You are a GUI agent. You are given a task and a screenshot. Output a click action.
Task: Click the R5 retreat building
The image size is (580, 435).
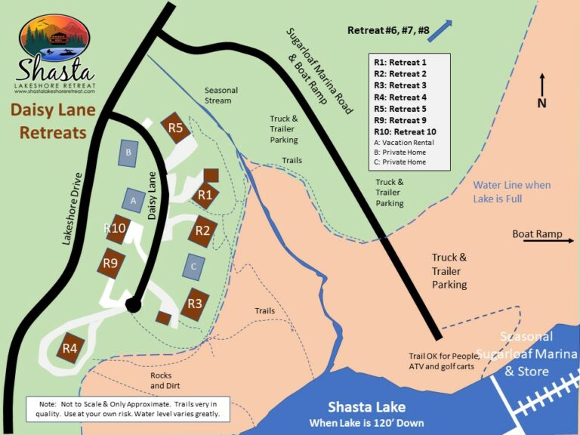coord(176,127)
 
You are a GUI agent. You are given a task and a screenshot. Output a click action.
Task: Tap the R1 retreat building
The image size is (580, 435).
coord(204,195)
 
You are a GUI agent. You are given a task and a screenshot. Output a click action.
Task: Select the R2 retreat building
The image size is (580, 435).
coord(203,230)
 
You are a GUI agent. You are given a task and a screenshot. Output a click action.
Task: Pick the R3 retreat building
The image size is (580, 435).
coord(195,304)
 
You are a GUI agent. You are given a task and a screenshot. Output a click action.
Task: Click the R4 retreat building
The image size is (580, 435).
coord(70,347)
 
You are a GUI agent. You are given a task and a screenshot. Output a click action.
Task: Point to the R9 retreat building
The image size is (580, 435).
coord(110,264)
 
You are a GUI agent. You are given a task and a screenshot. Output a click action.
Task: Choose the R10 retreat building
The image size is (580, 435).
coord(116,229)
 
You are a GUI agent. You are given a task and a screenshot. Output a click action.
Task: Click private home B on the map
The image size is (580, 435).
coord(129,153)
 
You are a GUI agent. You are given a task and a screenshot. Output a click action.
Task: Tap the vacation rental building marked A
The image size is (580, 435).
coord(134,201)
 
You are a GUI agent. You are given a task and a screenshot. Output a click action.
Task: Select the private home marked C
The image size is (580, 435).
coord(193,267)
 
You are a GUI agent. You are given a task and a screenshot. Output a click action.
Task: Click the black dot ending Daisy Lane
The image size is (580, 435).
coord(134,304)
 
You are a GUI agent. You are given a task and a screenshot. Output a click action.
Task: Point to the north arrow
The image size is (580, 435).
coord(542,85)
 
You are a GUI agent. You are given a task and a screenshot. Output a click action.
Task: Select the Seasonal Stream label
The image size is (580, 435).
coord(221,95)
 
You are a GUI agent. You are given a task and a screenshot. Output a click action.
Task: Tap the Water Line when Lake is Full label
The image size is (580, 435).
coord(511,192)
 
